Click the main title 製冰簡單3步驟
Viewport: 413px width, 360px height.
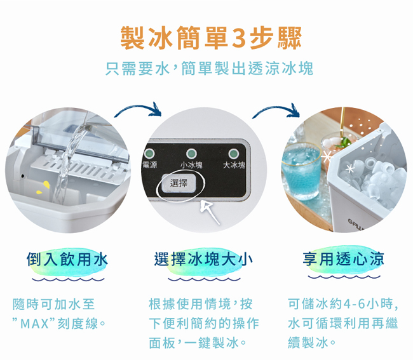[x=211, y=37]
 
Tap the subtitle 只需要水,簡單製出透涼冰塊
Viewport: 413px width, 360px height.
[x=209, y=68]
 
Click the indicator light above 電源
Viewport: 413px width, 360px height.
[x=149, y=153]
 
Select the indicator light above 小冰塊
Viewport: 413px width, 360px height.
[x=191, y=154]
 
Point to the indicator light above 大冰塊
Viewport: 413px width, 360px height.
[x=233, y=154]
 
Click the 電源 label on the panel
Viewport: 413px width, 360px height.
[x=149, y=165]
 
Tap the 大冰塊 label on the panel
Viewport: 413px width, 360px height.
[x=234, y=165]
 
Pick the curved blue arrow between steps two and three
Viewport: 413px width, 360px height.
[x=276, y=108]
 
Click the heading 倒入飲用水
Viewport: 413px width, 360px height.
[x=67, y=259]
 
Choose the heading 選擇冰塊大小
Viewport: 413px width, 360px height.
[x=203, y=259]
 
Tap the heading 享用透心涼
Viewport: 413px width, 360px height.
[x=343, y=258]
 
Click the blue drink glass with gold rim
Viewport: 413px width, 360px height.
[x=302, y=172]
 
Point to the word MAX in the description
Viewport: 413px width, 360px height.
[x=34, y=323]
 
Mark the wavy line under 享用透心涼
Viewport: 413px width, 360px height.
[x=344, y=277]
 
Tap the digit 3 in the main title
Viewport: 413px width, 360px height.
[x=239, y=38]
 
